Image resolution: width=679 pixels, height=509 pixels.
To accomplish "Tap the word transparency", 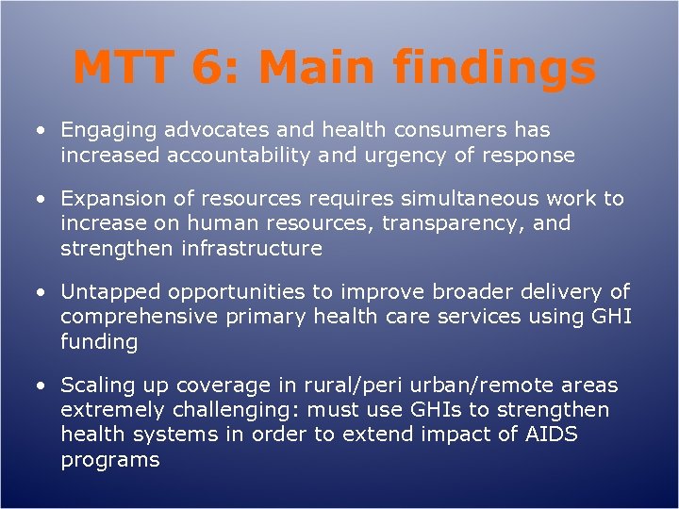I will tap(481, 223).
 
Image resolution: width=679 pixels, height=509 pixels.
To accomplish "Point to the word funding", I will tap(99, 341).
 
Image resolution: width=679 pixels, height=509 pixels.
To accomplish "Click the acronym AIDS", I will tap(551, 435).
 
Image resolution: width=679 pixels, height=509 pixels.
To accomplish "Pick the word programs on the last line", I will tap(109, 459).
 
